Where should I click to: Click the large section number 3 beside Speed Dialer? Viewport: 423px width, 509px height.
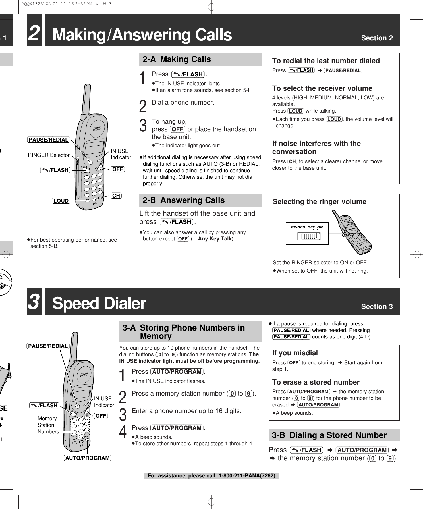tap(34, 302)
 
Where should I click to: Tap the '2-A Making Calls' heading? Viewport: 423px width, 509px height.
tap(177, 59)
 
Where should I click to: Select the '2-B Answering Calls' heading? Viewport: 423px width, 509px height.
tap(183, 200)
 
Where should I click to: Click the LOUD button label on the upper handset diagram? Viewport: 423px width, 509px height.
tap(61, 201)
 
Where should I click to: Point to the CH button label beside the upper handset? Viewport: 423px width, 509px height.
tap(116, 196)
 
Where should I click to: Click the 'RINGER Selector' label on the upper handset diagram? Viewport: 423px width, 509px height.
tap(49, 155)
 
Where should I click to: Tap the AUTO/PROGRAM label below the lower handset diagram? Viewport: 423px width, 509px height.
tap(88, 458)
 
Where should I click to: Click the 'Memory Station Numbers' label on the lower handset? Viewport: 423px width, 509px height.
tap(48, 425)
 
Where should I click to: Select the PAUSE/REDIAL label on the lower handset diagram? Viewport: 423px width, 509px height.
tap(48, 346)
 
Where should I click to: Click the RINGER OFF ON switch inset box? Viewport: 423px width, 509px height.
tap(307, 233)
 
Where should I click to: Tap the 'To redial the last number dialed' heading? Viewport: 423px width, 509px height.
tap(326, 61)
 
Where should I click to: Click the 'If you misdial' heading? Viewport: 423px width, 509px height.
tap(295, 353)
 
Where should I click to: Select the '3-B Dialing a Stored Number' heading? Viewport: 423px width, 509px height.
tap(329, 435)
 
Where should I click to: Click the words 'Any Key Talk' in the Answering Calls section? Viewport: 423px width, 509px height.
tap(215, 239)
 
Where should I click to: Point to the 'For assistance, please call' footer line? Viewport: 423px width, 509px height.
tap(211, 476)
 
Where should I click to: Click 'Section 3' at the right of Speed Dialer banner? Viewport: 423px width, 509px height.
tap(377, 307)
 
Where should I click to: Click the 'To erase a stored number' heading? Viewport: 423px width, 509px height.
tap(316, 382)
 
